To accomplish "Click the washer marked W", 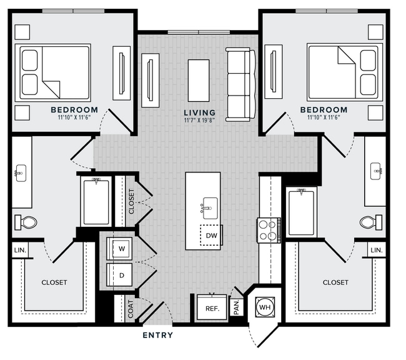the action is click(119, 249).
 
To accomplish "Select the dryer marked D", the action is click(119, 275).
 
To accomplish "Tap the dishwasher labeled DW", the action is click(211, 236).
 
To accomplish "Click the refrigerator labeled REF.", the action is click(212, 307).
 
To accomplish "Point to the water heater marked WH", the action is click(265, 307).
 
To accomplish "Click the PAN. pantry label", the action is click(236, 307).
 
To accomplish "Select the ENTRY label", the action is click(157, 336).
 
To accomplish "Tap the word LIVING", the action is click(200, 112).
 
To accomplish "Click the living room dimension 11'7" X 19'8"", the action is click(200, 120).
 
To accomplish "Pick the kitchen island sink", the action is click(210, 208).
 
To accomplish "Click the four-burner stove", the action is click(269, 230).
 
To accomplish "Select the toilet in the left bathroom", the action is click(26, 222).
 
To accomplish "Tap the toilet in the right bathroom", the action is click(371, 222).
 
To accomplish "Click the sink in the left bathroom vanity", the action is click(21, 173).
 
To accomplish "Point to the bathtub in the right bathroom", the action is click(302, 212).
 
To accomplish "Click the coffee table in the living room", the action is click(199, 81).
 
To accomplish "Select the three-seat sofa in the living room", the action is click(240, 84).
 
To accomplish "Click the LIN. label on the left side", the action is click(20, 251).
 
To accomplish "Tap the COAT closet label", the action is click(131, 309).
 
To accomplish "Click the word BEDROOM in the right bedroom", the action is click(324, 110).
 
